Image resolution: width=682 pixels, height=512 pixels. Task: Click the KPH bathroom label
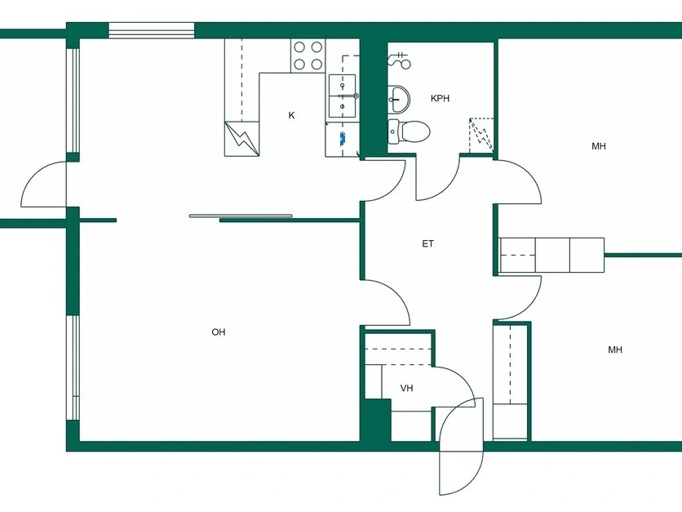(x=440, y=98)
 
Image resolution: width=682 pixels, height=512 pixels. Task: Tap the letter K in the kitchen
(x=291, y=115)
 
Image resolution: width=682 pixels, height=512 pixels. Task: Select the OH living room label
(x=219, y=332)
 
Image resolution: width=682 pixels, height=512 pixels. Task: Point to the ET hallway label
(x=428, y=244)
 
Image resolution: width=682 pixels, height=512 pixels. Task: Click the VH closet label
(x=407, y=388)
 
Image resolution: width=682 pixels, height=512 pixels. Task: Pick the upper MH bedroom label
(x=599, y=146)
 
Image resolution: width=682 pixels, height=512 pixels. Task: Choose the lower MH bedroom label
(x=615, y=349)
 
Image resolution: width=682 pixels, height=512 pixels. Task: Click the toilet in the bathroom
(x=409, y=131)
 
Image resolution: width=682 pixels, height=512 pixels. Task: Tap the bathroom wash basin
(x=398, y=99)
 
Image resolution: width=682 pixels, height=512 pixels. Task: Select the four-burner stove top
(x=308, y=56)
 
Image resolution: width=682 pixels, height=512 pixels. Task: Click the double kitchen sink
(x=342, y=96)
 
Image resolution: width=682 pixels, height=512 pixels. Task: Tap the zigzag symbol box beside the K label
(x=241, y=139)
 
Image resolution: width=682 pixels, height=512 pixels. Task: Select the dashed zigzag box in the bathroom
(x=482, y=135)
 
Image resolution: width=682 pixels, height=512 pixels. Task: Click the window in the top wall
(x=151, y=31)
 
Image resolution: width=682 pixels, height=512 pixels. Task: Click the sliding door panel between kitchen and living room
(x=241, y=216)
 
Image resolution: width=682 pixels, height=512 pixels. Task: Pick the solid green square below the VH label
(x=378, y=420)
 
